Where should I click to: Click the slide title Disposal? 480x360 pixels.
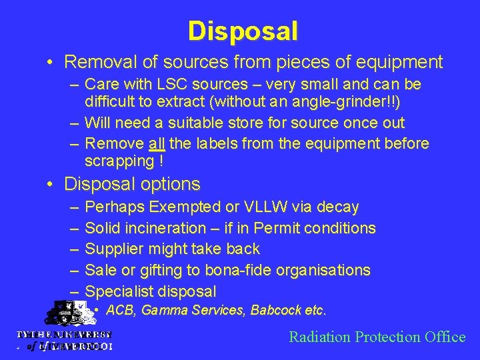[x=243, y=31]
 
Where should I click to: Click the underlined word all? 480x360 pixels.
[x=157, y=144]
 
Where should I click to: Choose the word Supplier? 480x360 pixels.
[x=115, y=249]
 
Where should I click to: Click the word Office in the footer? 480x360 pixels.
[x=444, y=337]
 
